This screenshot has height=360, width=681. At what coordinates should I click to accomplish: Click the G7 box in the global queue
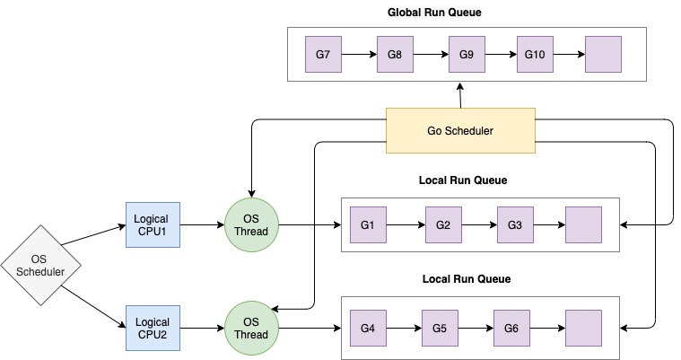[x=323, y=55]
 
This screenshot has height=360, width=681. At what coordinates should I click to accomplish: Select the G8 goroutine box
[x=395, y=55]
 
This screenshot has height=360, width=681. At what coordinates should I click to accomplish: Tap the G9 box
[x=466, y=55]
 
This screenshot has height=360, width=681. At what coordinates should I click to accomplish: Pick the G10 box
[x=535, y=55]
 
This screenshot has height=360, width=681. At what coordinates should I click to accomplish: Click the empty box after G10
[x=603, y=55]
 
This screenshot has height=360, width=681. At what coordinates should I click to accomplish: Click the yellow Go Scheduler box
[x=459, y=130]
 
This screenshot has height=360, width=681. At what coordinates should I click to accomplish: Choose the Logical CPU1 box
[x=153, y=224]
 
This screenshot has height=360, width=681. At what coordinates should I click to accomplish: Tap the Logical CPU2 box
[x=153, y=329]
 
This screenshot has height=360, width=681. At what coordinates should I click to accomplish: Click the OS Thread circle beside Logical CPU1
[x=251, y=224]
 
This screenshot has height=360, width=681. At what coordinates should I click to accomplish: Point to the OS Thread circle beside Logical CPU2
[x=251, y=329]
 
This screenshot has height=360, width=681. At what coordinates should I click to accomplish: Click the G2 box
[x=442, y=224]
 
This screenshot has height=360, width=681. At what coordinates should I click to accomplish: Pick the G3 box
[x=514, y=224]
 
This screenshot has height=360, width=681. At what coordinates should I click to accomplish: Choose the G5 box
[x=439, y=328]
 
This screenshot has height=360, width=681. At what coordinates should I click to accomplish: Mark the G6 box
[x=511, y=328]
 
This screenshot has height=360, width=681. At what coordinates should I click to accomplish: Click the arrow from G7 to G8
[x=359, y=55]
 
